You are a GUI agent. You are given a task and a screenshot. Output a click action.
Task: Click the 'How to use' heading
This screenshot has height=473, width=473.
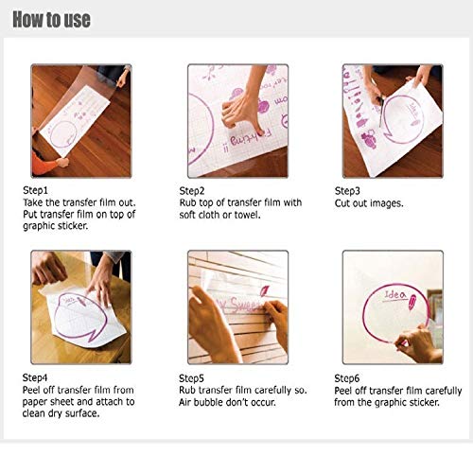[51, 20]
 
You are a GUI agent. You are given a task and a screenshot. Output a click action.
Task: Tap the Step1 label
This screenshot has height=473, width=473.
[35, 190]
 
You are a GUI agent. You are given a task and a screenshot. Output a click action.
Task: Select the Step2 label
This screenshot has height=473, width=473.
[192, 191]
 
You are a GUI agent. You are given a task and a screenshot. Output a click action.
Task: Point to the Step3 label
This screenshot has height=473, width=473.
[347, 191]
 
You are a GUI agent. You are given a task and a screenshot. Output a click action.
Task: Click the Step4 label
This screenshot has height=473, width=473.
[35, 377]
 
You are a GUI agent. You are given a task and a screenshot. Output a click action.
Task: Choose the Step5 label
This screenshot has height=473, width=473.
[191, 378]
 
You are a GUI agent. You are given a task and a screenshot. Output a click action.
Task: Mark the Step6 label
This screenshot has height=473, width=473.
[347, 378]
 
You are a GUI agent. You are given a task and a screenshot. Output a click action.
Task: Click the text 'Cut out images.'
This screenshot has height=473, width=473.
[369, 203]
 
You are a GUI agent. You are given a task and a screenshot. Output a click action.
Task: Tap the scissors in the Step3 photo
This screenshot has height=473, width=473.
[382, 112]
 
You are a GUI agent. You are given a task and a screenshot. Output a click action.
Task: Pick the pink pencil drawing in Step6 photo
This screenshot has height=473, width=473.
[412, 302]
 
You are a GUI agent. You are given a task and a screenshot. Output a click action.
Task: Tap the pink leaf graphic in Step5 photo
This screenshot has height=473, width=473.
[264, 290]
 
